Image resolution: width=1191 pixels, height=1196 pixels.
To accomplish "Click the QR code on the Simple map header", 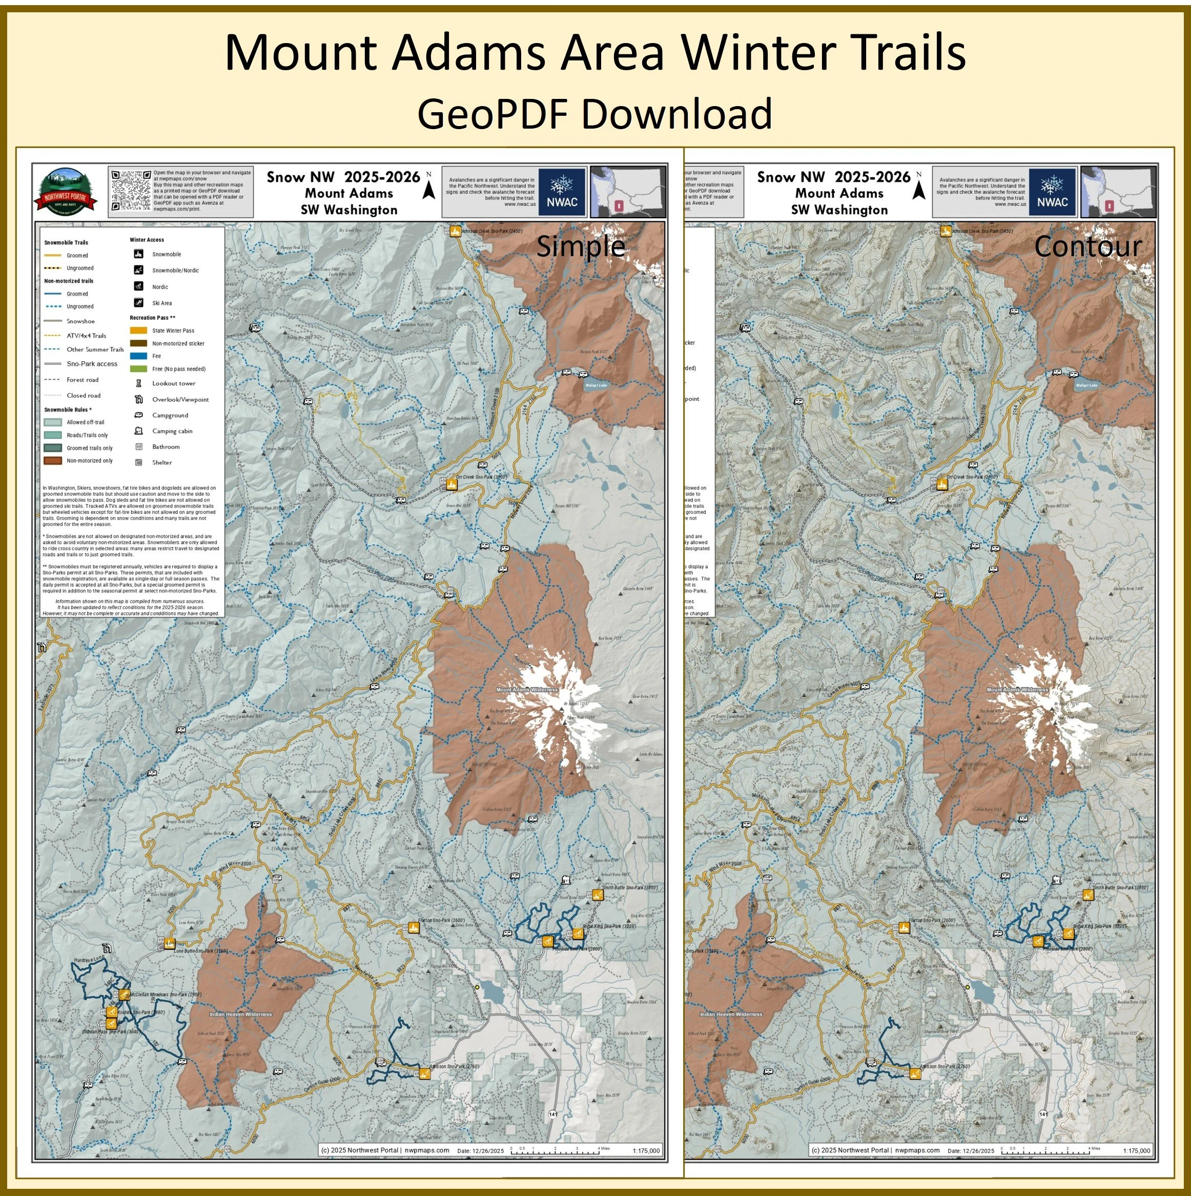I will click(x=131, y=191).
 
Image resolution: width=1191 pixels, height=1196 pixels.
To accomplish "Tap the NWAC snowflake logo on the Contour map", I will click(x=1052, y=191).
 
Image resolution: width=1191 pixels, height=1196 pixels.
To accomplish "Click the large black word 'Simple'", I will click(x=580, y=246).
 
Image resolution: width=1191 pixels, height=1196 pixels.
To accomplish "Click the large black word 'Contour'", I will click(x=1087, y=246).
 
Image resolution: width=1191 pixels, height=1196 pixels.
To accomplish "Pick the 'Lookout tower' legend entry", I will click(x=173, y=384).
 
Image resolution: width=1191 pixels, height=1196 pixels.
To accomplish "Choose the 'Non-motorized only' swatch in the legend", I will click(x=53, y=461).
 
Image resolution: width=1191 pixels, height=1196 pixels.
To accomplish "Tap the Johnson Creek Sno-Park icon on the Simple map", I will click(x=455, y=232).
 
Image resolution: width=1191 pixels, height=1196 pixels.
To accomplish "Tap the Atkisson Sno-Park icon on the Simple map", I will click(x=424, y=1074).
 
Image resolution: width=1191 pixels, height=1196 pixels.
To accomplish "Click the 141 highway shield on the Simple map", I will click(x=552, y=1115).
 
